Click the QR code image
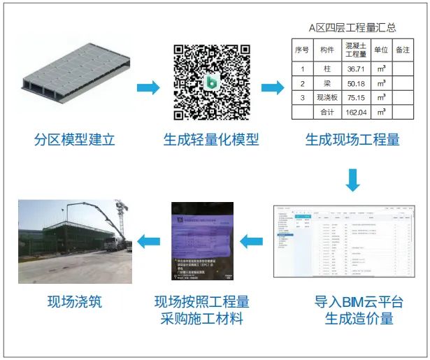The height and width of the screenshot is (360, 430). pyautogui.click(x=211, y=82)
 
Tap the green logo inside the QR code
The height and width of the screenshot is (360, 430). pyautogui.click(x=211, y=82)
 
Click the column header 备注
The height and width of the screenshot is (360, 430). pyautogui.click(x=403, y=50)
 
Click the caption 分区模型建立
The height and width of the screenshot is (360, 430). pyautogui.click(x=74, y=139)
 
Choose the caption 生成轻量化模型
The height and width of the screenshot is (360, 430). pyautogui.click(x=211, y=139)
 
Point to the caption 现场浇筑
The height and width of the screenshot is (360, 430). pyautogui.click(x=74, y=302)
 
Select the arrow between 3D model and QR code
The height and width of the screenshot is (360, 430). pyautogui.click(x=147, y=87)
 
